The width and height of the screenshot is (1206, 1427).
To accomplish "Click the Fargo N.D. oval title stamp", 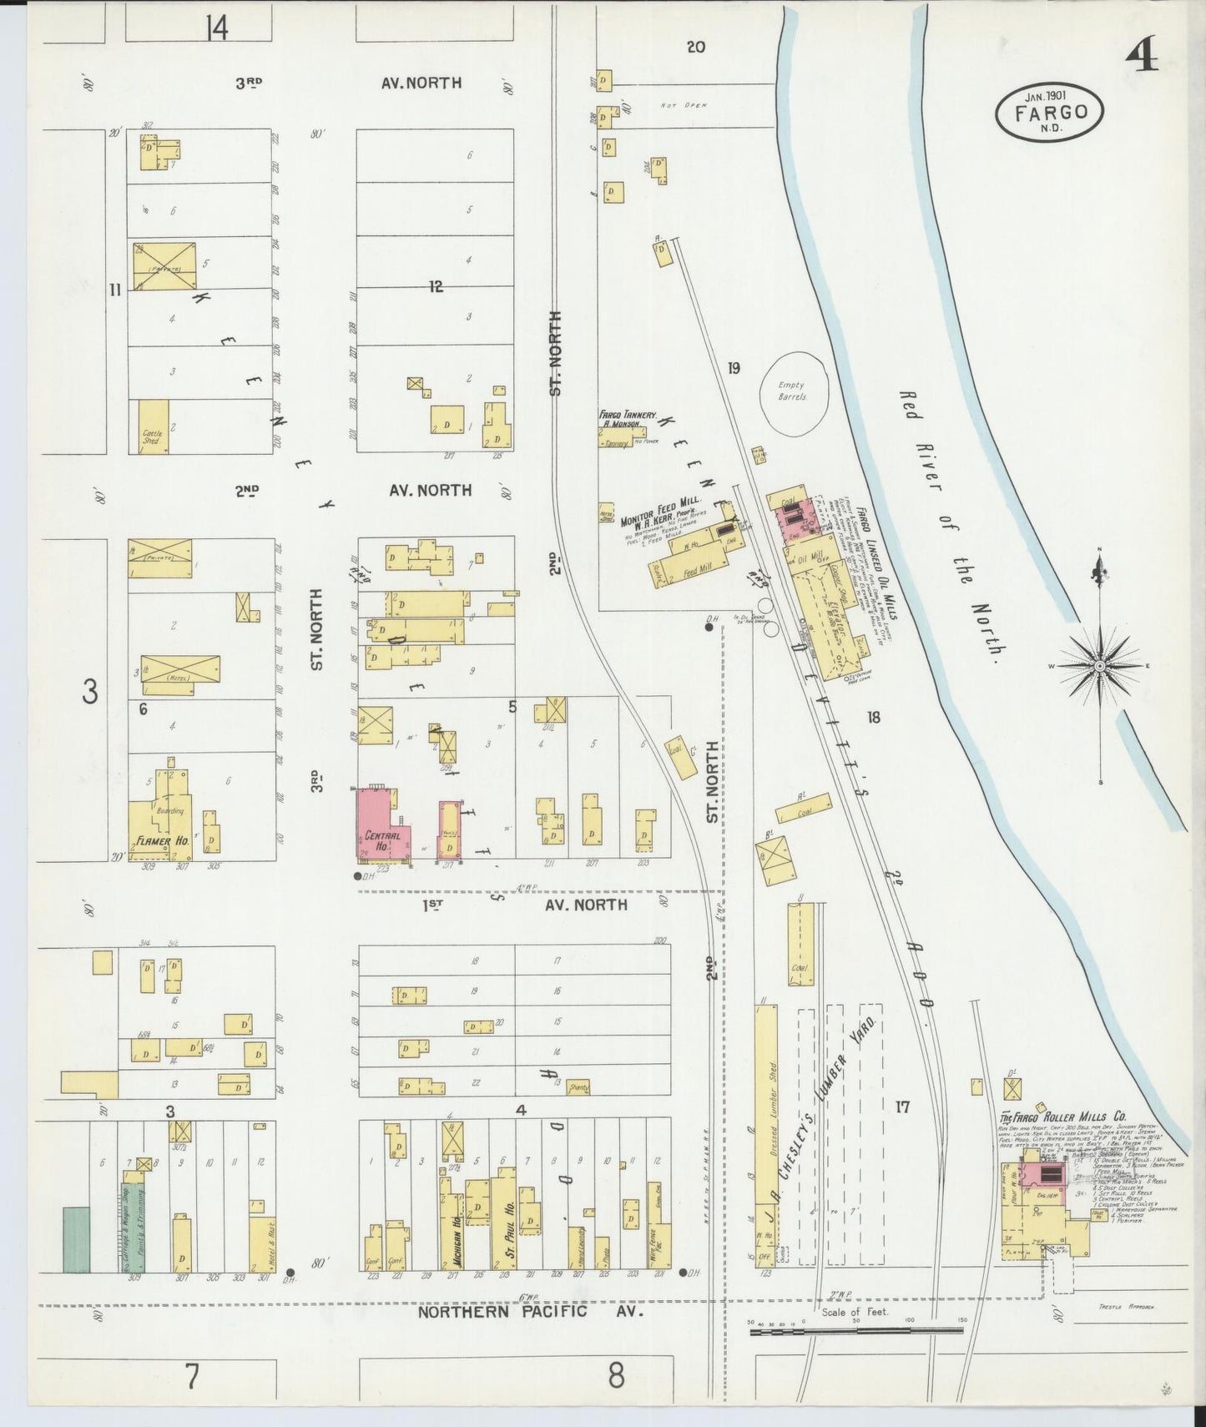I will [1050, 112].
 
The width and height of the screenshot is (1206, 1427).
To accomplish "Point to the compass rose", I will [1099, 665].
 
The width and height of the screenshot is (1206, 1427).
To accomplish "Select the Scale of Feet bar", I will [855, 1330].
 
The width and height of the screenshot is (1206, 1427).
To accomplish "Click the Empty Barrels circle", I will [791, 391].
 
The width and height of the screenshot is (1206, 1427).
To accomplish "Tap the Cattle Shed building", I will [153, 427].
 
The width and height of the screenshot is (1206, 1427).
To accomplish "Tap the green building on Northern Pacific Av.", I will [76, 1239].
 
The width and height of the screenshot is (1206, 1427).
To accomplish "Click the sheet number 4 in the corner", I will [1141, 57].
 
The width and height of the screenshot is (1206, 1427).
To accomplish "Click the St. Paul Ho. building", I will [504, 1223].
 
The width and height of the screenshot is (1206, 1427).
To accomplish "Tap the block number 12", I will [436, 287].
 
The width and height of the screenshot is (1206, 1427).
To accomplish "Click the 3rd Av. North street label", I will [351, 83].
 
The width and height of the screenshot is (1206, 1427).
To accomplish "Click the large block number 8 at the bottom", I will [616, 1375].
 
